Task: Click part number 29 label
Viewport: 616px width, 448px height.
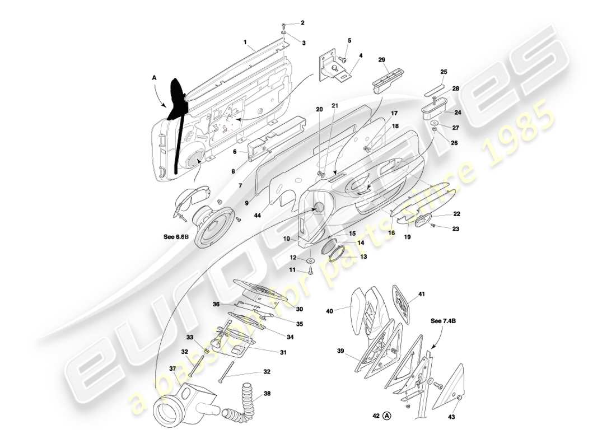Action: pyautogui.click(x=382, y=60)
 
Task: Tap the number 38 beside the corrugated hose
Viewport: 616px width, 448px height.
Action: pyautogui.click(x=267, y=394)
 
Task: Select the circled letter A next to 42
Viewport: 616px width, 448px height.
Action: pyautogui.click(x=388, y=417)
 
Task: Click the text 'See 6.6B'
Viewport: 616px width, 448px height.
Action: pyautogui.click(x=175, y=237)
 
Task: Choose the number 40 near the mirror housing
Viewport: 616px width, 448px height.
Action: pyautogui.click(x=329, y=311)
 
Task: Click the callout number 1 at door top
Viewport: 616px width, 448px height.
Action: pyautogui.click(x=245, y=41)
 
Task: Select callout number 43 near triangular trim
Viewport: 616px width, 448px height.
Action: pyautogui.click(x=452, y=417)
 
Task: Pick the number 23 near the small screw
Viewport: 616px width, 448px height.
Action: pyautogui.click(x=456, y=228)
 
